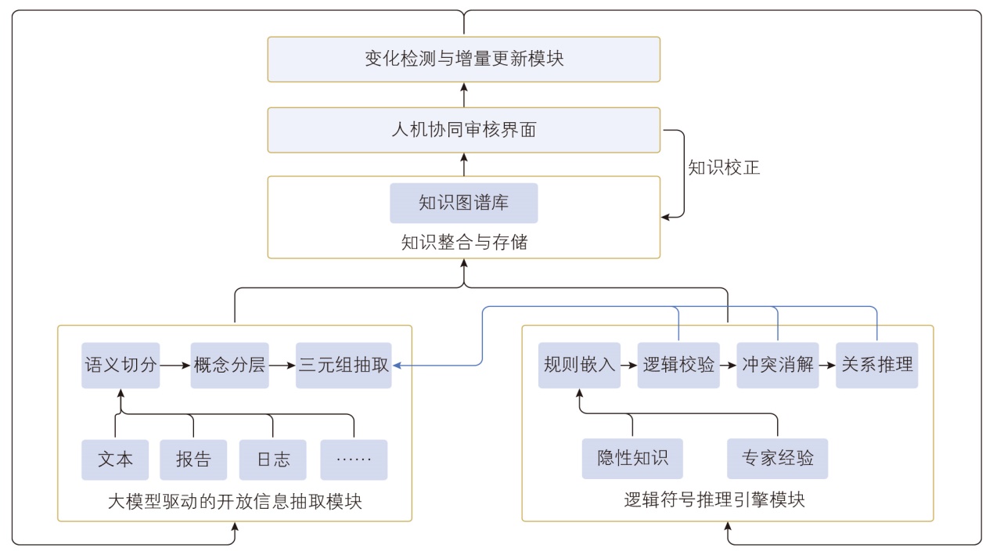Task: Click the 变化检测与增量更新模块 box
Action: coord(463,59)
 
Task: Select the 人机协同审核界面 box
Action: coord(463,130)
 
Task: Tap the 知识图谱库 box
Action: coord(463,204)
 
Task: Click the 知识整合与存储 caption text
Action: coord(464,243)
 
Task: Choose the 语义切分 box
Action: coord(121,365)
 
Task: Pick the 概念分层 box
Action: coord(229,365)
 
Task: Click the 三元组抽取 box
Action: coord(343,365)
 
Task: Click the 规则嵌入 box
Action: coord(579,365)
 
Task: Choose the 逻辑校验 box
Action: coord(678,365)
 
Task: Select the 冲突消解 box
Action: coord(777,365)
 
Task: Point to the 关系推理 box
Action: coord(876,365)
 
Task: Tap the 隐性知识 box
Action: coord(632,458)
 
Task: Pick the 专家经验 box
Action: coord(777,458)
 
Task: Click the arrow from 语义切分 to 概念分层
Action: coord(175,365)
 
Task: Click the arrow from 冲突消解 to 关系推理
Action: coord(826,365)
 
